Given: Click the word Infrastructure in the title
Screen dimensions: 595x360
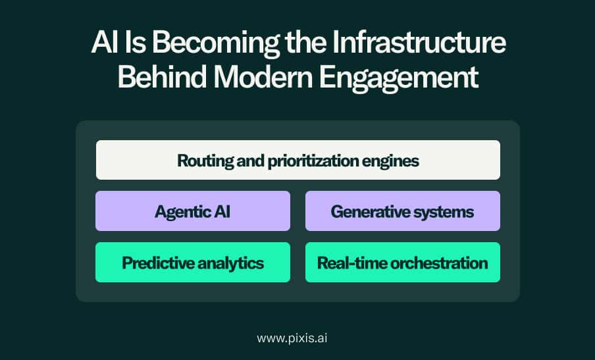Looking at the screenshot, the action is [419, 42].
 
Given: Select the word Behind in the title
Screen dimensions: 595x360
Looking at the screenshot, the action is [162, 76].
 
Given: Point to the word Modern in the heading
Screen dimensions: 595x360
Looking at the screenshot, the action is [263, 76].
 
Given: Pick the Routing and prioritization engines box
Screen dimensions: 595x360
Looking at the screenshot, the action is [298, 160].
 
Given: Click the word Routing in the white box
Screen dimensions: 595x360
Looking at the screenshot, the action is [205, 161].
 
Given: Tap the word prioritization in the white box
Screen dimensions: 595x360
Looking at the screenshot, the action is [313, 161].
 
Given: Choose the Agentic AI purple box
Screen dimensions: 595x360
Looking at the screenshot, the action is [193, 211].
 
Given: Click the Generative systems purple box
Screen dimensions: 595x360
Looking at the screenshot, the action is [403, 211].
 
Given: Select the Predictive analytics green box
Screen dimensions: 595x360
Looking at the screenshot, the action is [193, 262].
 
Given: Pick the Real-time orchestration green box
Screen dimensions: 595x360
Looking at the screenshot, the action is [403, 262].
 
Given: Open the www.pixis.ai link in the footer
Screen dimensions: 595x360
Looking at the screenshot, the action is [292, 338].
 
